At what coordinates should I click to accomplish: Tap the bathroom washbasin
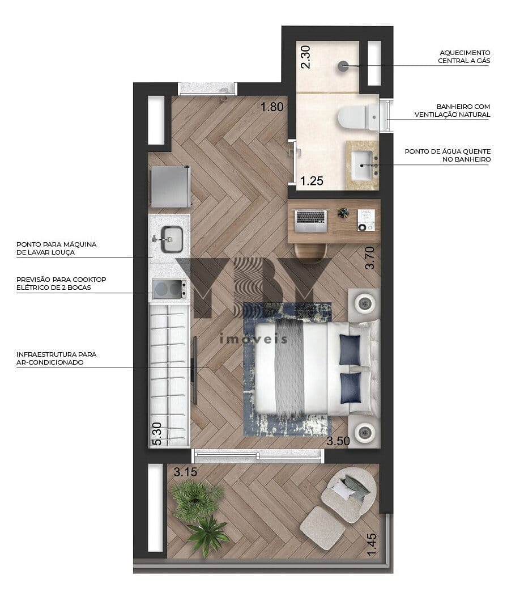coord(362,165)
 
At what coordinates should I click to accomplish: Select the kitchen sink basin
coord(172,239)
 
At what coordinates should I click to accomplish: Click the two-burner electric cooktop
coord(169,289)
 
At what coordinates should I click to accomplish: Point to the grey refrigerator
coord(170,187)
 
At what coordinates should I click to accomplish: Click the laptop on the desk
coord(311,221)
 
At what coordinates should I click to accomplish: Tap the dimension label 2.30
coord(305,57)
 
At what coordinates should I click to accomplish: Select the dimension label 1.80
coord(272,107)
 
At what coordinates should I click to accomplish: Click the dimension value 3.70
coord(370,257)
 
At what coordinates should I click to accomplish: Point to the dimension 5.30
coord(157,433)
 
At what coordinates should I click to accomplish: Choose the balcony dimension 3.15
coord(185,472)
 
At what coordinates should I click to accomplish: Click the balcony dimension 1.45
coord(372,545)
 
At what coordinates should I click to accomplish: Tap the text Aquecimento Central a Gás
coord(464,57)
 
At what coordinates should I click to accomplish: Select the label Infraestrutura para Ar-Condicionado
coord(57,358)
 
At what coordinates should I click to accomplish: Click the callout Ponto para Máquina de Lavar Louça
coord(57,248)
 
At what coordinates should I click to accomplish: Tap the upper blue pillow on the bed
coord(350,350)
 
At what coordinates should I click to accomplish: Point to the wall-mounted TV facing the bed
coord(194,370)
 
